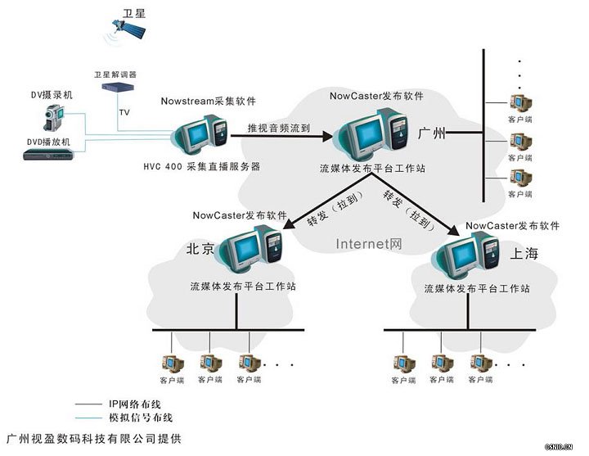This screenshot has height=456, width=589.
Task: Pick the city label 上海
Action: pos(524,254)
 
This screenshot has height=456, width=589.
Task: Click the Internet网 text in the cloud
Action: pos(369,243)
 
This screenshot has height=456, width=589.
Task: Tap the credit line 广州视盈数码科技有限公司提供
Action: pos(93,439)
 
